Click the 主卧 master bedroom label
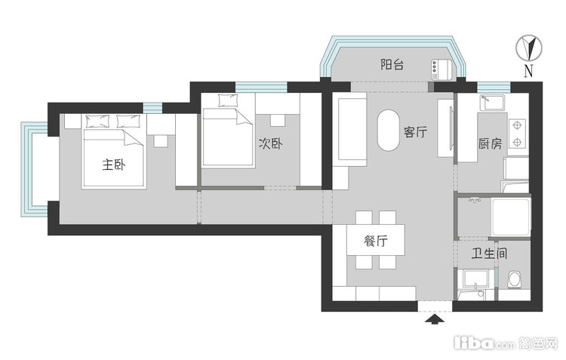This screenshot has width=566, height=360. (114, 165)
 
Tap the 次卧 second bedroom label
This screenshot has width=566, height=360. (270, 143)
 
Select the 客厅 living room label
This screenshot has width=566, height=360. (416, 132)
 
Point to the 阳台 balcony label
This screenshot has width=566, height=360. (392, 65)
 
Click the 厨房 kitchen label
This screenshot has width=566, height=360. (491, 143)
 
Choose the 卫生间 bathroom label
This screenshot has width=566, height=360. (489, 253)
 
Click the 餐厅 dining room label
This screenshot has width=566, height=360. (376, 241)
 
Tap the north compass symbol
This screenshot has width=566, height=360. (529, 48)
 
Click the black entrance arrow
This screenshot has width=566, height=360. (435, 319)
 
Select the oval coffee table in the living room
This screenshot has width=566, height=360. (389, 130)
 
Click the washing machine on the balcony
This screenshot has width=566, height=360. (441, 69)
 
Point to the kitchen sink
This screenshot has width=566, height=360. (492, 102)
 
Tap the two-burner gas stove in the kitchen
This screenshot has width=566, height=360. (517, 134)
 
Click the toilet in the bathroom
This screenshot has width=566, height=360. (515, 280)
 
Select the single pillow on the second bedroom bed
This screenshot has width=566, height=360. (228, 100)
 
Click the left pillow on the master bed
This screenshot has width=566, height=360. (97, 122)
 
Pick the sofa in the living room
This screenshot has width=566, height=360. (349, 129)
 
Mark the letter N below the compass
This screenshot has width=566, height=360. (528, 71)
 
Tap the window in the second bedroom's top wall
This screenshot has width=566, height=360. (261, 87)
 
